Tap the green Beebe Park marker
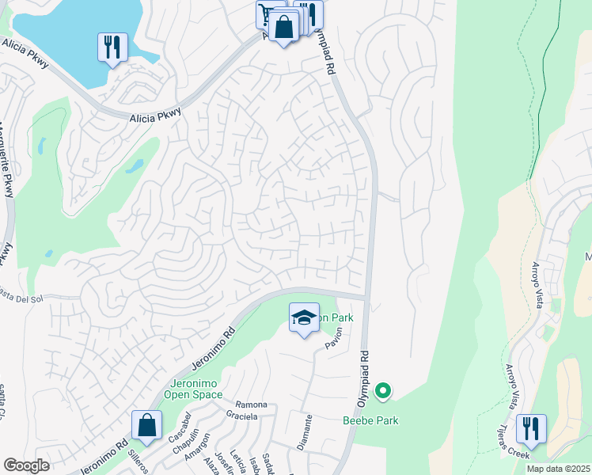(383, 390)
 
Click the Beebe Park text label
(370, 421)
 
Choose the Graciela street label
(242, 416)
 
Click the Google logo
(27, 465)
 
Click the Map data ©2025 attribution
(557, 469)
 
